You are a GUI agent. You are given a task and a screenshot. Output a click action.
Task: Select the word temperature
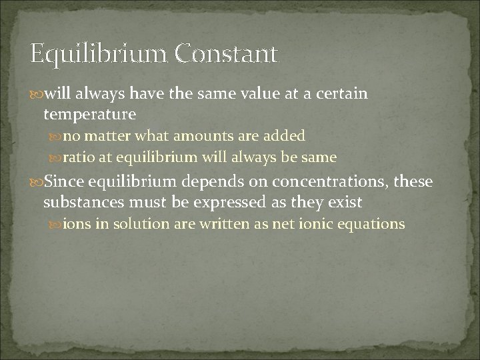(x=89, y=114)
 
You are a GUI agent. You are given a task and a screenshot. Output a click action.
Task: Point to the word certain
(x=339, y=93)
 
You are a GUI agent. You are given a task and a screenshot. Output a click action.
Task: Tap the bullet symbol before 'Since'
(x=37, y=181)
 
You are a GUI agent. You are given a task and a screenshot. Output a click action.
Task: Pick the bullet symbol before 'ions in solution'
(x=57, y=224)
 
